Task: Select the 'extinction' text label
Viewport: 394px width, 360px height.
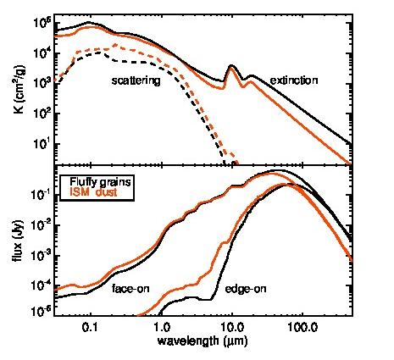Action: coord(293,80)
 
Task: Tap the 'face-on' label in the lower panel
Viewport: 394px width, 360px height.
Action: coord(130,288)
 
